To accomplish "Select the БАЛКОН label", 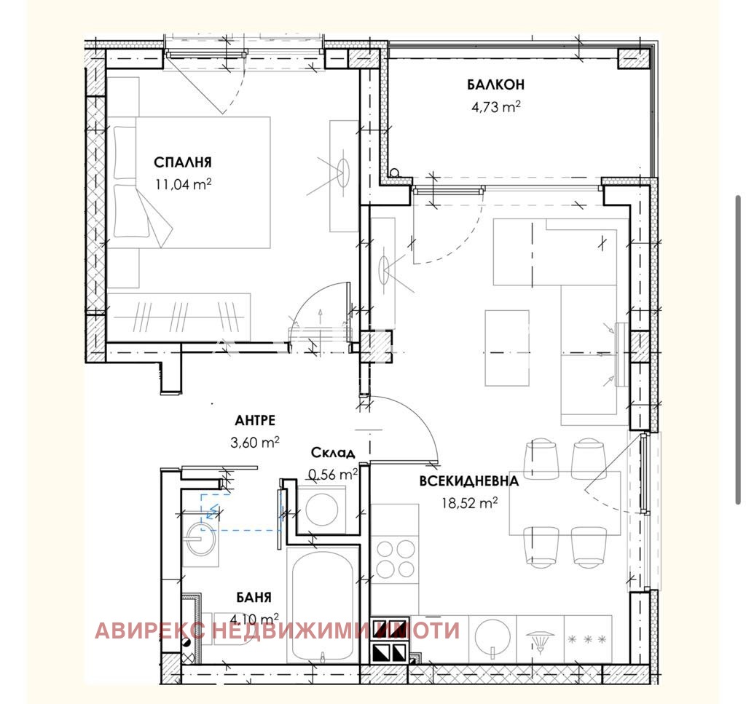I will point(495,85).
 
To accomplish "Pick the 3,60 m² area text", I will point(255,442).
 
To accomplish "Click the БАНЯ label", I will point(254,598).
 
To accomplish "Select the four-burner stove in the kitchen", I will point(394,558).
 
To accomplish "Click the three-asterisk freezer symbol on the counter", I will point(586,638).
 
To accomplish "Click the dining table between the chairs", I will point(565,502).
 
